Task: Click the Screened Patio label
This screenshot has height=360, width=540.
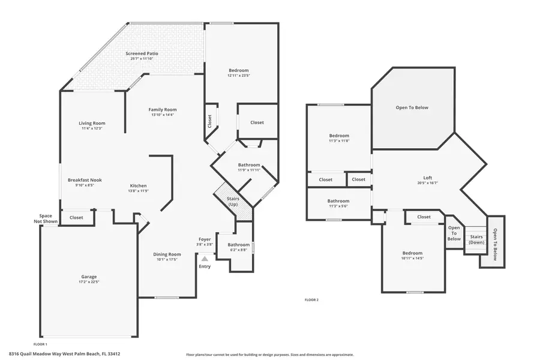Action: [x=142, y=53]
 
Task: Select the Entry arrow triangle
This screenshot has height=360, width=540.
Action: [x=205, y=259]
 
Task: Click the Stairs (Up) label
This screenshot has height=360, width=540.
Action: [x=233, y=202]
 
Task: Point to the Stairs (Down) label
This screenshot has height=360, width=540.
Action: [x=476, y=239]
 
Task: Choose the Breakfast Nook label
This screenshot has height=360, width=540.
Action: [x=85, y=180]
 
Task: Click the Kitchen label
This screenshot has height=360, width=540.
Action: [x=138, y=185]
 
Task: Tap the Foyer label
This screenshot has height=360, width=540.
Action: [x=205, y=239]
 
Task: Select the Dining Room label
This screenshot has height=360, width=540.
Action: [x=167, y=254]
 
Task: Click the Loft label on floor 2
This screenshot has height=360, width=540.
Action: [x=428, y=178]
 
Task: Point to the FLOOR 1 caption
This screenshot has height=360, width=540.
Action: [x=40, y=344]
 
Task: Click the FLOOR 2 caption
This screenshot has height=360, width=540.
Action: [x=311, y=299]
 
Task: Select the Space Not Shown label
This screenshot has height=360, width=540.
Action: [x=46, y=218]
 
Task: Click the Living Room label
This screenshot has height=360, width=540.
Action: [x=92, y=123]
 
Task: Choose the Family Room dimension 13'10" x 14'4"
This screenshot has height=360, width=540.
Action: [x=163, y=115]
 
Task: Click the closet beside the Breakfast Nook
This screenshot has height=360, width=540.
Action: [x=76, y=218]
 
